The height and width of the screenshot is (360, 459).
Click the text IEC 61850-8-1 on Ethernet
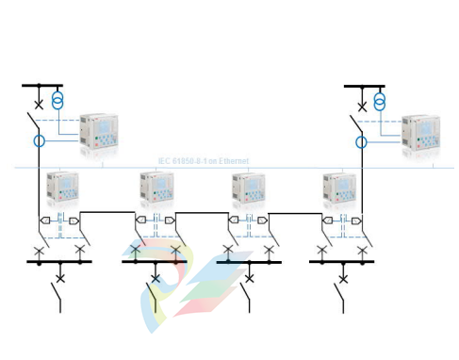coord(204,161)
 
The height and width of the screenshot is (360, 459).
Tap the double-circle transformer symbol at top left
coord(57,100)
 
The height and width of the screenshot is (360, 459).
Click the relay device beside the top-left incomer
coord(100,131)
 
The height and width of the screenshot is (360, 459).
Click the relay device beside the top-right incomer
coord(421,133)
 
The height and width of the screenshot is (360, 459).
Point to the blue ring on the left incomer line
coord(39,141)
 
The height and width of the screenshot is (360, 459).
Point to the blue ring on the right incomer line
coord(362,141)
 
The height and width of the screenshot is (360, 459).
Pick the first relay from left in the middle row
coord(67,188)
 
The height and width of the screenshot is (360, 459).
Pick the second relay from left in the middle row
coord(156,188)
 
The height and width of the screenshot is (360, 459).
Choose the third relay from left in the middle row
coord(249,188)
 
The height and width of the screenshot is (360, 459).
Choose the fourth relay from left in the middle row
coord(339,188)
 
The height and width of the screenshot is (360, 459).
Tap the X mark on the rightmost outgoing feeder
coord(343,278)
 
